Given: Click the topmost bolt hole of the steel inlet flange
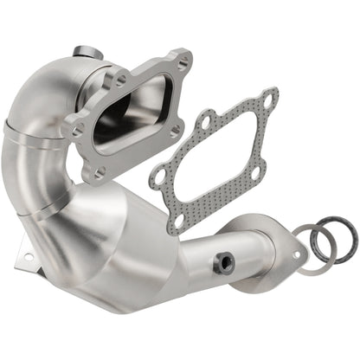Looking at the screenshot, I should tap(182, 61).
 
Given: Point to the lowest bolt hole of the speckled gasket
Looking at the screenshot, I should tap(179, 220).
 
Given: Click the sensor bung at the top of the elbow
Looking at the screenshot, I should tap(83, 52).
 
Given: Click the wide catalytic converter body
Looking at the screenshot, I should tap(121, 247).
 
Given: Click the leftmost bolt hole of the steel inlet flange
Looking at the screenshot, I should tap(76, 132).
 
